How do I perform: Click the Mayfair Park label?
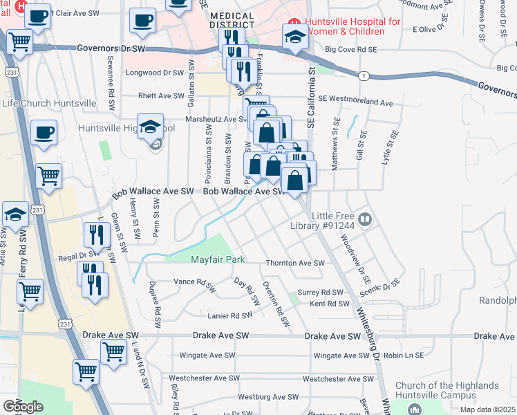(218, 260)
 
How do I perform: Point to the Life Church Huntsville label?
(48, 103)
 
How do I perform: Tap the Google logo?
(23, 407)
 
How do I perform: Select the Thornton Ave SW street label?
(295, 264)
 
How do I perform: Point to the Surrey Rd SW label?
(320, 293)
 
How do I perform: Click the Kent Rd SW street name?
(329, 304)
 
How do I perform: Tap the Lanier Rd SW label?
(231, 315)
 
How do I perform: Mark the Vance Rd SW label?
(194, 282)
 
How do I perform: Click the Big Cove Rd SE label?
(350, 50)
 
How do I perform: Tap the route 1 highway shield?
(364, 75)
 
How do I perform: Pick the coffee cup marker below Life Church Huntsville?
(44, 132)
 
